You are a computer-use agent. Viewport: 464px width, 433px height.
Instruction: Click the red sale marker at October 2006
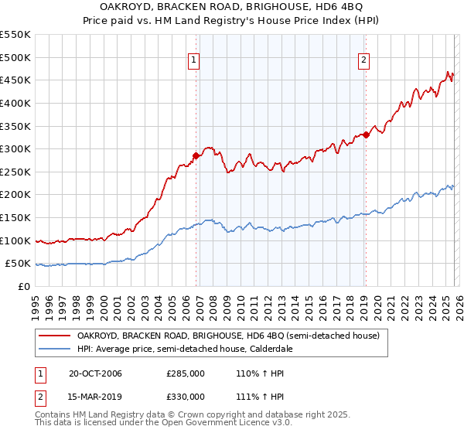pos(196,155)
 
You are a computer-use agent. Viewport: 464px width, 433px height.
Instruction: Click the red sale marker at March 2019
pos(365,135)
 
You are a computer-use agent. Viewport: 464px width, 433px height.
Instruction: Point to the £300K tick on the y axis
pos(15,148)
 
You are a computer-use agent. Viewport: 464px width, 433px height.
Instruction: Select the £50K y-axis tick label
pos(18,264)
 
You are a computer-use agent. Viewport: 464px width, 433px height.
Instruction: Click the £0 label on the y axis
pos(23,287)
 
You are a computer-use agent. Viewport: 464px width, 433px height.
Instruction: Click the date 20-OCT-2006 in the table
pos(95,373)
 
